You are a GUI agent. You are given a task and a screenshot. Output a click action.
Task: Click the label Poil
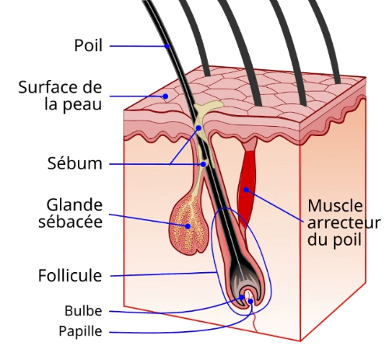[x=88, y=46]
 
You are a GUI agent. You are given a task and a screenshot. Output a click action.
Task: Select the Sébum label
[x=75, y=163]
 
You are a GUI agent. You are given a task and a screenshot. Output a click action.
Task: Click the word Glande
[x=75, y=205]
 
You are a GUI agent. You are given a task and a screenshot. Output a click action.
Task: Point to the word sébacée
[x=70, y=222]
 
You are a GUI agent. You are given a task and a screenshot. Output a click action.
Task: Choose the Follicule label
[x=70, y=275]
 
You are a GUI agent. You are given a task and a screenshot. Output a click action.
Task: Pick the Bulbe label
[x=83, y=311]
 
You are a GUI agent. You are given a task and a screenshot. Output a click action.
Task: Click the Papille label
[x=80, y=331]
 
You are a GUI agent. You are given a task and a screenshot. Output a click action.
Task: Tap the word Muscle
[x=335, y=206]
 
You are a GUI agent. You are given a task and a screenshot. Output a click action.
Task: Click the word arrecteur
[x=344, y=223]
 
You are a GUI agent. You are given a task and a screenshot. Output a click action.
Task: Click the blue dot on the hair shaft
[x=167, y=46]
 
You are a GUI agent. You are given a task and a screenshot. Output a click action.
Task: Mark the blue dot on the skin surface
[x=165, y=96]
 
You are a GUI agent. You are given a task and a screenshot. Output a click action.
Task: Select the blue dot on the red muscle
[x=246, y=190]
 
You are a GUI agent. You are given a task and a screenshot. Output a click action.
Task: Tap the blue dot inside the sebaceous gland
[x=187, y=226]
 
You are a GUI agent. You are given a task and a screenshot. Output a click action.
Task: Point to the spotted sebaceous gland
[x=188, y=225]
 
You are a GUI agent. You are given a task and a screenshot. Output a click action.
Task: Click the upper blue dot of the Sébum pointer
[x=198, y=128]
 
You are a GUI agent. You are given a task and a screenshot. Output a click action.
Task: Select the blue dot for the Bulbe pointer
[x=242, y=297]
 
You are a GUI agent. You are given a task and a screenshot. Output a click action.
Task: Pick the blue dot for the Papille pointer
[x=251, y=302]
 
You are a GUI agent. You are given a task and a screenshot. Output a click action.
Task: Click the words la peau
[x=73, y=104]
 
